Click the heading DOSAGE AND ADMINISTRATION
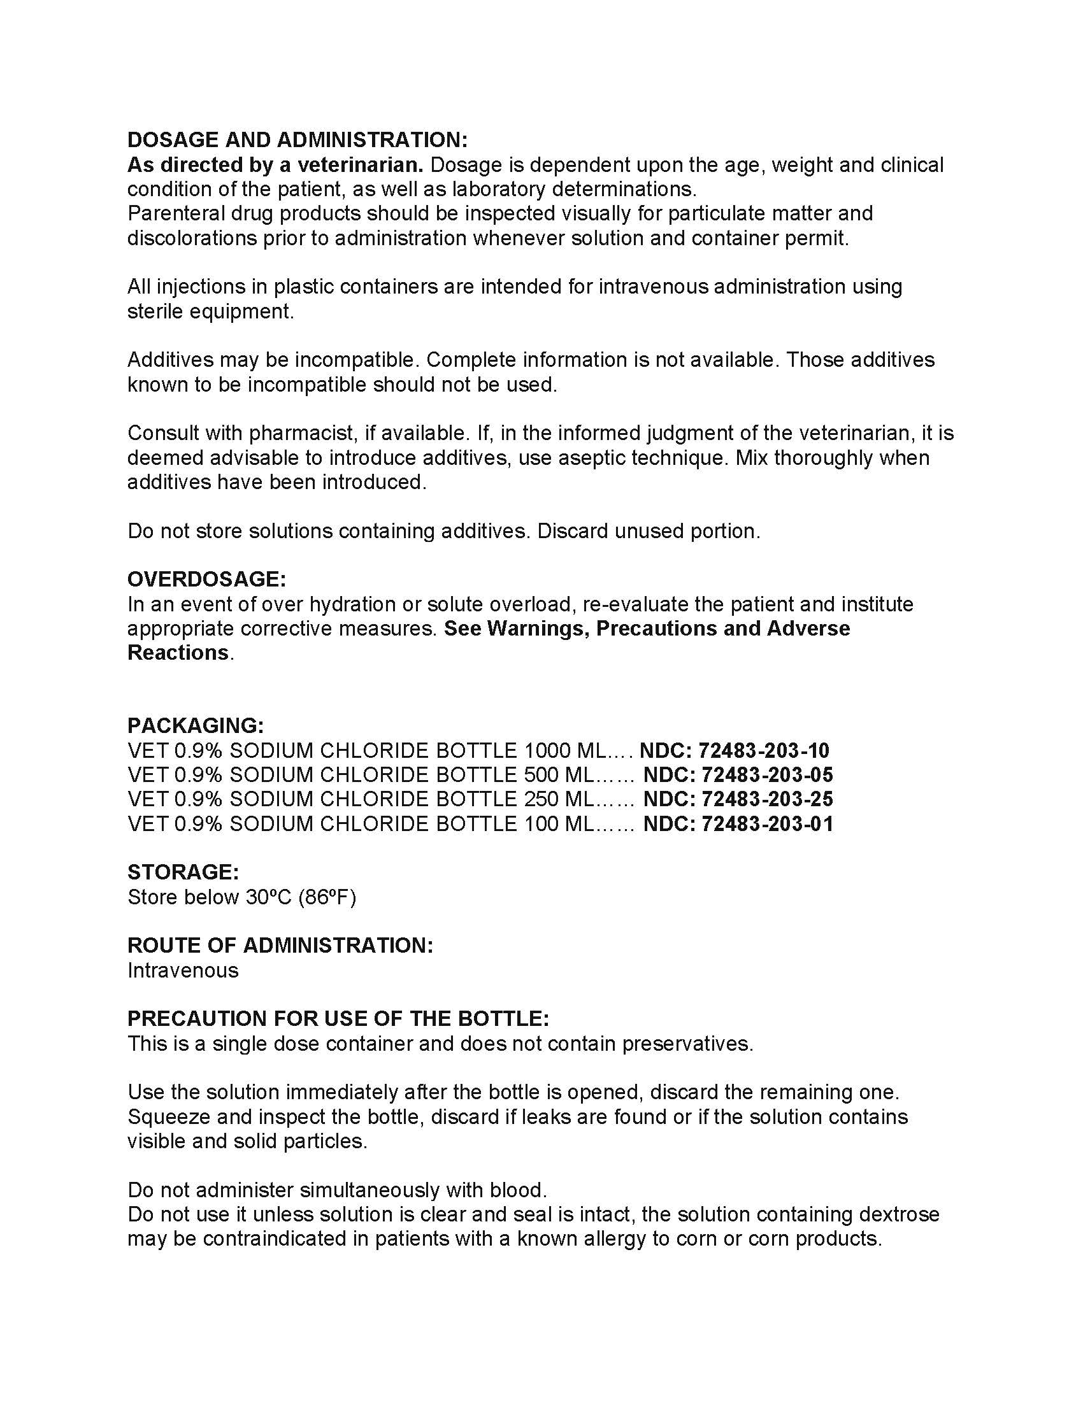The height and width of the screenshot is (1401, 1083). coord(298,140)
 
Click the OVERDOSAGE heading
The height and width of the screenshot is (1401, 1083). coord(206,580)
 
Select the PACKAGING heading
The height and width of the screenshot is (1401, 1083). coord(196,725)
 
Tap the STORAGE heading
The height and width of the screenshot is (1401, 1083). coord(183,872)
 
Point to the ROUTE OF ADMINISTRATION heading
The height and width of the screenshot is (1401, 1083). coord(280,945)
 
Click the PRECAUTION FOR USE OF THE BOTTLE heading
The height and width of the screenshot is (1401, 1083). coord(338,1019)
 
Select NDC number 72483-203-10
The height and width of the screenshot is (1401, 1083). coord(763,751)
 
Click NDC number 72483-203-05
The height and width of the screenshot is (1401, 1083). coord(766,775)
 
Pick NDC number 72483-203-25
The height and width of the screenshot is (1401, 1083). coord(766,799)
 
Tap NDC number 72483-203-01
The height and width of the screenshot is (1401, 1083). coord(766,823)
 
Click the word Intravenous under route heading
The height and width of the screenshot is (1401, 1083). coord(183,970)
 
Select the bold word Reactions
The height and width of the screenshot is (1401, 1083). coord(178,652)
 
